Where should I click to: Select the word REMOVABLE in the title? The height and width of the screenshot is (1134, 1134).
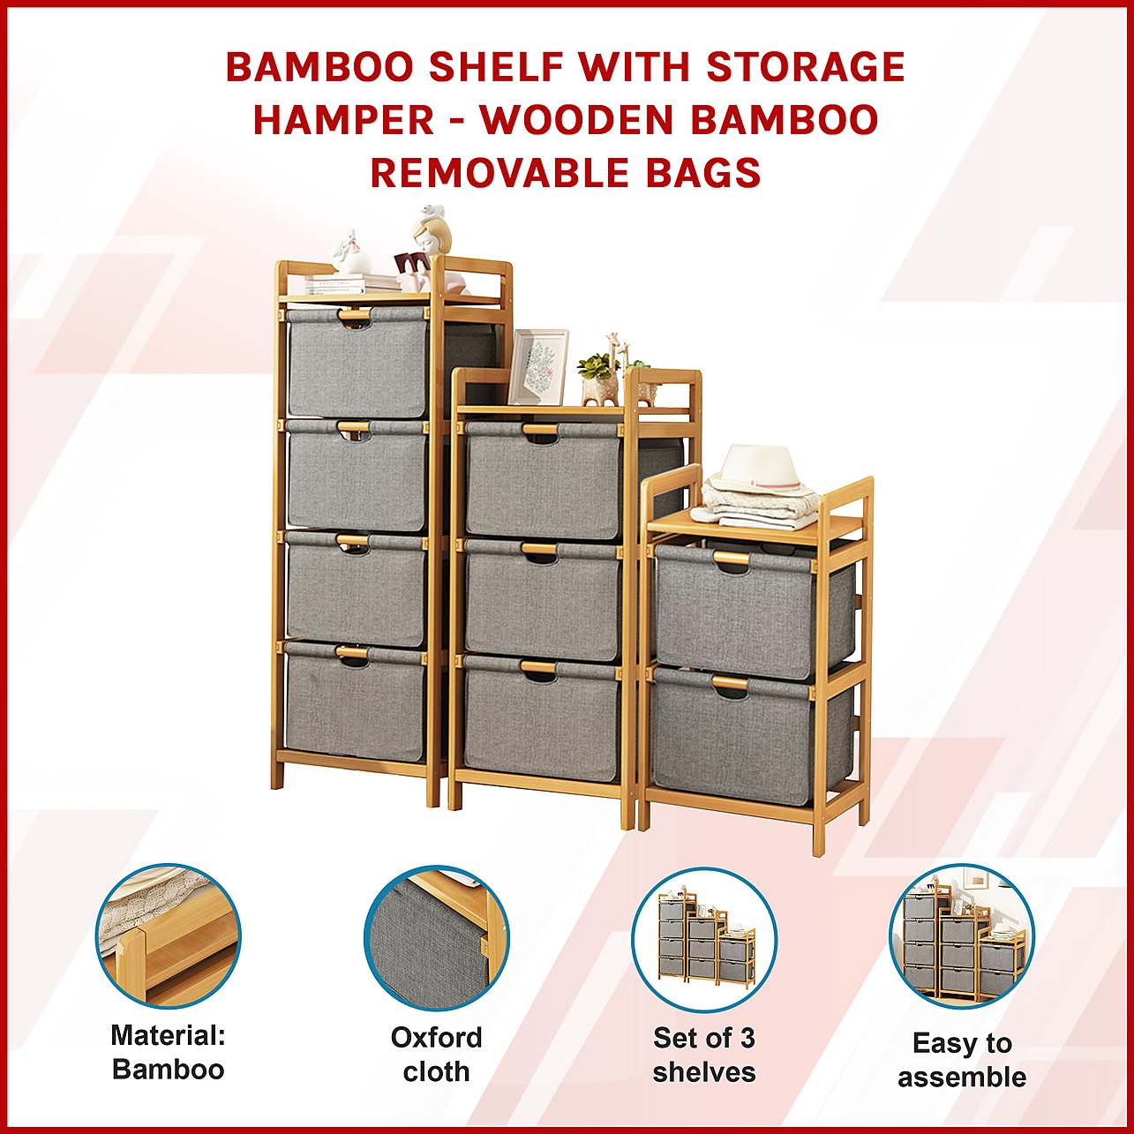483,173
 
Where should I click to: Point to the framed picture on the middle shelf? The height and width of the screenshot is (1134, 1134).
537,367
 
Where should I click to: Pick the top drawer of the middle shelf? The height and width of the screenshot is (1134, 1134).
543,478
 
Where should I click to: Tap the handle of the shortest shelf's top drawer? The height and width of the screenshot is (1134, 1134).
732,557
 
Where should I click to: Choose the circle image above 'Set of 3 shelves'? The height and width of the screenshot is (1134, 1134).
704,937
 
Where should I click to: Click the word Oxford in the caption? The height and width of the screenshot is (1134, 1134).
437,1038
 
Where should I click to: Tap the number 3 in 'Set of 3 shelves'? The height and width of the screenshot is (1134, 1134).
747,1038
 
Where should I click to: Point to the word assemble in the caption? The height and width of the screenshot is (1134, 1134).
962,1078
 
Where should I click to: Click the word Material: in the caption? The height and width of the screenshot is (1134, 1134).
169,1035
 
